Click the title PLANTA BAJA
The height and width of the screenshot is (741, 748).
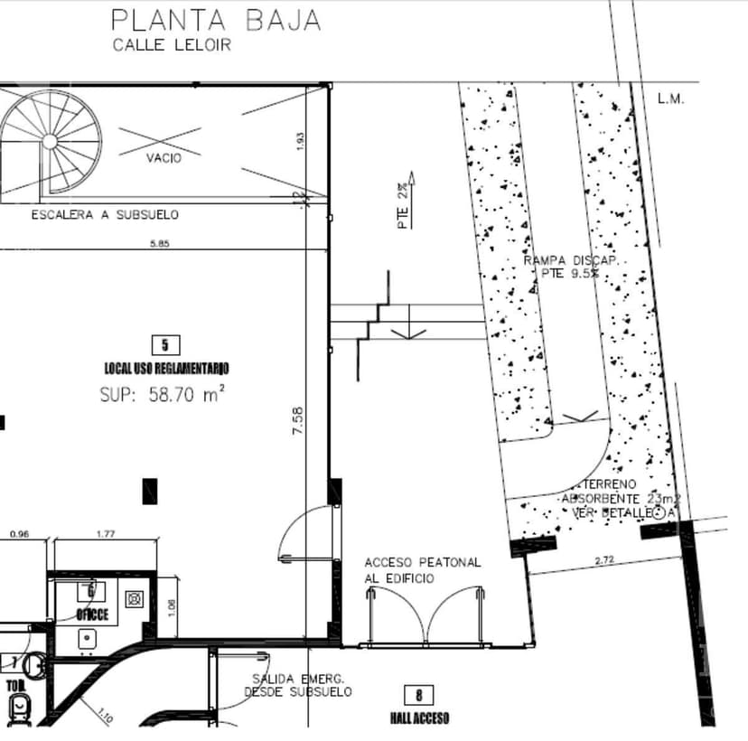tap(215, 19)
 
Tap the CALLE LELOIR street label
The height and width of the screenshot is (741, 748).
tap(172, 45)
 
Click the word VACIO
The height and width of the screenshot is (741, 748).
tap(164, 158)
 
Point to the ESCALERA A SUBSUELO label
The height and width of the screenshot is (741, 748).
tap(105, 215)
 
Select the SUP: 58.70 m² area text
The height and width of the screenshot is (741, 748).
tap(161, 394)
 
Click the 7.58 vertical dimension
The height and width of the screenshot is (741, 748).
tap(298, 423)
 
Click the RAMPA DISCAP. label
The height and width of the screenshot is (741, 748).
tap(570, 260)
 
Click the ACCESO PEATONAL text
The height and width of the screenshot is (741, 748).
tap(423, 562)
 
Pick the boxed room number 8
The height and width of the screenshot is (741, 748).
tap(419, 695)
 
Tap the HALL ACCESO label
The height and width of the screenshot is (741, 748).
tap(419, 718)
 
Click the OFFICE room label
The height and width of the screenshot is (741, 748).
tap(92, 614)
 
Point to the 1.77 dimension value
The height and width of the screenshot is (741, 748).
tap(106, 534)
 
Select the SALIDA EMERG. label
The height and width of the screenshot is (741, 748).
tap(299, 679)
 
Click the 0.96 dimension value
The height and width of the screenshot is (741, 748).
tap(19, 534)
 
